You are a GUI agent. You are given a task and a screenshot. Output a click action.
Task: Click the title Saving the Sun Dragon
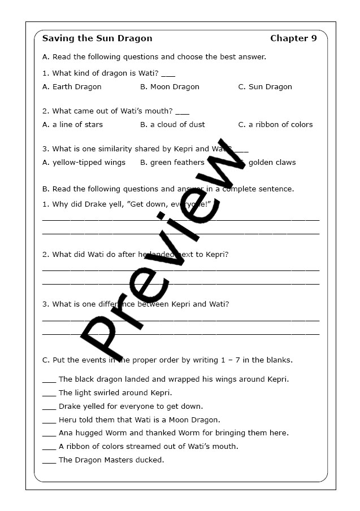(x=97, y=38)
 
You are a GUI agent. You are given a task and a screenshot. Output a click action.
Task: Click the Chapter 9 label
(x=293, y=38)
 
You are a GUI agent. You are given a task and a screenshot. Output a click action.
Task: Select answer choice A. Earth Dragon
(x=72, y=87)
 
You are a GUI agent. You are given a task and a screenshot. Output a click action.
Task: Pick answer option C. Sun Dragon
(x=265, y=87)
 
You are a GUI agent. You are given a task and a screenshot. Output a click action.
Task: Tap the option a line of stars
(x=72, y=125)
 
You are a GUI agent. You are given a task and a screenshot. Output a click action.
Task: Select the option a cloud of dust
(x=172, y=125)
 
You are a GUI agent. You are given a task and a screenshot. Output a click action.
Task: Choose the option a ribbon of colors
(x=275, y=125)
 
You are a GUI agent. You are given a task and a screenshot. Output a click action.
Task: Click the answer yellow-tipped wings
(x=84, y=163)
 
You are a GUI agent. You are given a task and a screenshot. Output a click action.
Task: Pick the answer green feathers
(x=172, y=163)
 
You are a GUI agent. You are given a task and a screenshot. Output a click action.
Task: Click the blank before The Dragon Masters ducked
(x=49, y=461)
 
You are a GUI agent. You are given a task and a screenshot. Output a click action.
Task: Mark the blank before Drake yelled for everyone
(x=49, y=407)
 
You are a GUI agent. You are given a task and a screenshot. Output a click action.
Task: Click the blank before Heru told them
(x=49, y=421)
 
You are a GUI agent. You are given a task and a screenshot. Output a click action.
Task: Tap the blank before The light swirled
(x=49, y=394)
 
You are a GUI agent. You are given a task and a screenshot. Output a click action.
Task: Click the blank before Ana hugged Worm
(x=49, y=434)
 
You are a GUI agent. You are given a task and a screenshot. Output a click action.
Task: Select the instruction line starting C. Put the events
(x=167, y=360)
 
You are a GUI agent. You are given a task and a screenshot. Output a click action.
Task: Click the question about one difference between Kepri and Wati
(x=136, y=304)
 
